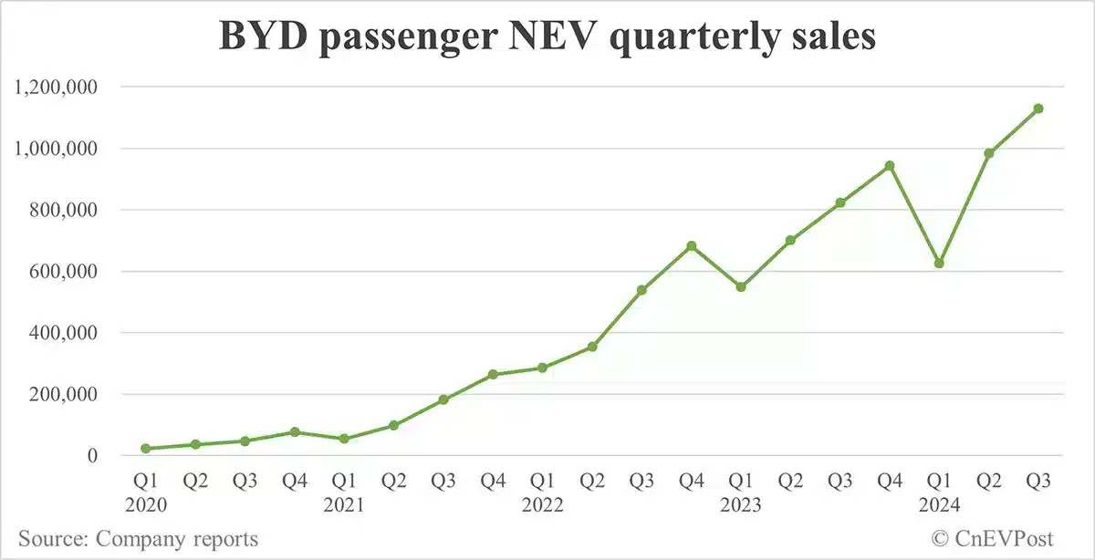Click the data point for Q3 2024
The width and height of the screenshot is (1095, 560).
[x=1038, y=109]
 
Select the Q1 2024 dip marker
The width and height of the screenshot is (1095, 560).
[x=938, y=264]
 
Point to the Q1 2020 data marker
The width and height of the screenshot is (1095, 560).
[x=146, y=449]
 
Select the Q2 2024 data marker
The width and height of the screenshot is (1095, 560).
[x=988, y=153]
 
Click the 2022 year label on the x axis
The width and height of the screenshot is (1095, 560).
[x=542, y=503]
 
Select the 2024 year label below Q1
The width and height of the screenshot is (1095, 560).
[x=938, y=503]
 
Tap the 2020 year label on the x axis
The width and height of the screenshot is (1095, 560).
[x=146, y=503]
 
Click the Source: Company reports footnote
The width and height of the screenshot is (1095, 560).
[x=138, y=539]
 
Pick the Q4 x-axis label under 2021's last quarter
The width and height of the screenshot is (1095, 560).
[x=493, y=480]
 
